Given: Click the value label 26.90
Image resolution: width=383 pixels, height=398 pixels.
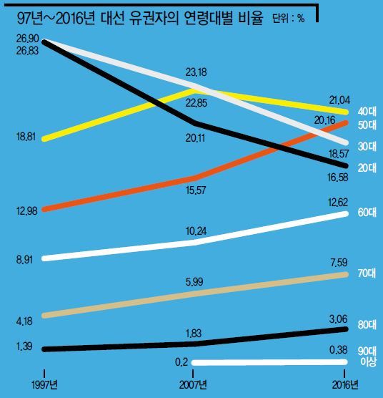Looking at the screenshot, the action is coord(28,39).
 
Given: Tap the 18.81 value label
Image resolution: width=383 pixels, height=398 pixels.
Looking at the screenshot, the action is coord(26,137).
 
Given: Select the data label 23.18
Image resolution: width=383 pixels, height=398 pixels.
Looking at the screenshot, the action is coord(196,72).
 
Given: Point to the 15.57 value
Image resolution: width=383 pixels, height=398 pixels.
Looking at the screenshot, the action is coord(196,190).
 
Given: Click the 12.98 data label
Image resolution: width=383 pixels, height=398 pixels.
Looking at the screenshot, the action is coord(27,211).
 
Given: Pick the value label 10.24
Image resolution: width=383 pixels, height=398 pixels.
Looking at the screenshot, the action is coord(196,231).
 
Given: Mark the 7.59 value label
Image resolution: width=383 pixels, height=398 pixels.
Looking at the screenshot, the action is coord(339,263).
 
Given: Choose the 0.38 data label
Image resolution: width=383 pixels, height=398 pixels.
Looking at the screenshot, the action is coord(339,350).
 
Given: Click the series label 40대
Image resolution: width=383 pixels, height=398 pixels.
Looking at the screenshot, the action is coord(367,112).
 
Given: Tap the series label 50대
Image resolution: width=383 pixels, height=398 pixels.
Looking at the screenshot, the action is coord(367,125).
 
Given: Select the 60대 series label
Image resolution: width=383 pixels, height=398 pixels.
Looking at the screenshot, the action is coord(367,213).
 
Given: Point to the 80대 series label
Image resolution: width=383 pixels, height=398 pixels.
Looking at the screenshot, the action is coord(367,325).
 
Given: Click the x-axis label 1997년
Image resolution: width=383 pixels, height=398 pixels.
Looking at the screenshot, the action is coord(44,385).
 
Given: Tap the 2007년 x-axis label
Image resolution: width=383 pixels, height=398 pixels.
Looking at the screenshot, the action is coord(193,385).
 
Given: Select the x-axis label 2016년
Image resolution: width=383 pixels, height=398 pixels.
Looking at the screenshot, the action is coord(345,385).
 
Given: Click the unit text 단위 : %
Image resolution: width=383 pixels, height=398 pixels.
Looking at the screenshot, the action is coord(289,19).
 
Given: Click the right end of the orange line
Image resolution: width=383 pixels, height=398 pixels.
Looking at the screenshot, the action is coord(345,123).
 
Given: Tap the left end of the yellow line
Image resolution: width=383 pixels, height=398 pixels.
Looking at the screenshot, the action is coord(45,139).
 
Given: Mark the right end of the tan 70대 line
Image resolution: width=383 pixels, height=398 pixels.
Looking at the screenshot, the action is coord(345,275).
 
